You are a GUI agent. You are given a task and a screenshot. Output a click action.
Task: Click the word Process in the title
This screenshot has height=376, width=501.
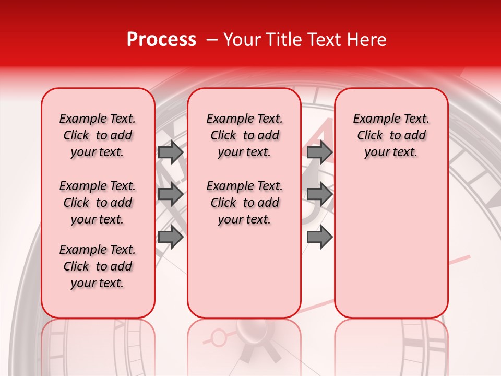click(161, 40)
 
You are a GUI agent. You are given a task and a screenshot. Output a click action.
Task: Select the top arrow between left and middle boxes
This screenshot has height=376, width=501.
click(170, 152)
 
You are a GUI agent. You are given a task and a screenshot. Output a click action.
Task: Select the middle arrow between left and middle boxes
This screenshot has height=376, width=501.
click(170, 194)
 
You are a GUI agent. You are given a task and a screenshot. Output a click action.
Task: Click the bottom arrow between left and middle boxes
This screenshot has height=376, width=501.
click(170, 237)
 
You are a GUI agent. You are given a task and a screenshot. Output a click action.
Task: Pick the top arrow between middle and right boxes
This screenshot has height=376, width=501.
click(319, 152)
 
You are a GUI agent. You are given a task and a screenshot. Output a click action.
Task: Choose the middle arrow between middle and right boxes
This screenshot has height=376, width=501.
click(319, 194)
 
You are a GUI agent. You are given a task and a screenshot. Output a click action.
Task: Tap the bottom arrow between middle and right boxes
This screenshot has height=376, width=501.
click(319, 237)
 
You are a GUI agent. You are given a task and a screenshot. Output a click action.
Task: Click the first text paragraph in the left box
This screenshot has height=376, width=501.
click(98, 135)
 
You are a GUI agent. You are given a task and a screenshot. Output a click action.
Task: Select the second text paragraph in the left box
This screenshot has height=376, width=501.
click(98, 203)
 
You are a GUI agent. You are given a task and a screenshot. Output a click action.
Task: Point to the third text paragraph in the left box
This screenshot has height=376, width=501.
click(98, 266)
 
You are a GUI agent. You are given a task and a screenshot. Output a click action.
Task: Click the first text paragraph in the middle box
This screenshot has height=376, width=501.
click(244, 135)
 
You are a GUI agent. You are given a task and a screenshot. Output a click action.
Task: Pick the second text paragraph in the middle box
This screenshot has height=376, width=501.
click(244, 203)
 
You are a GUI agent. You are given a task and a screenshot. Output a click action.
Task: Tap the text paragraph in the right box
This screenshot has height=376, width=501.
click(391, 135)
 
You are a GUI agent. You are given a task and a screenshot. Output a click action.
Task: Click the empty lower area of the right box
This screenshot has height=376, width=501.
click(391, 251)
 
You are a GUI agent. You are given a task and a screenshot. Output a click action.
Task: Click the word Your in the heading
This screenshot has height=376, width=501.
click(242, 40)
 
